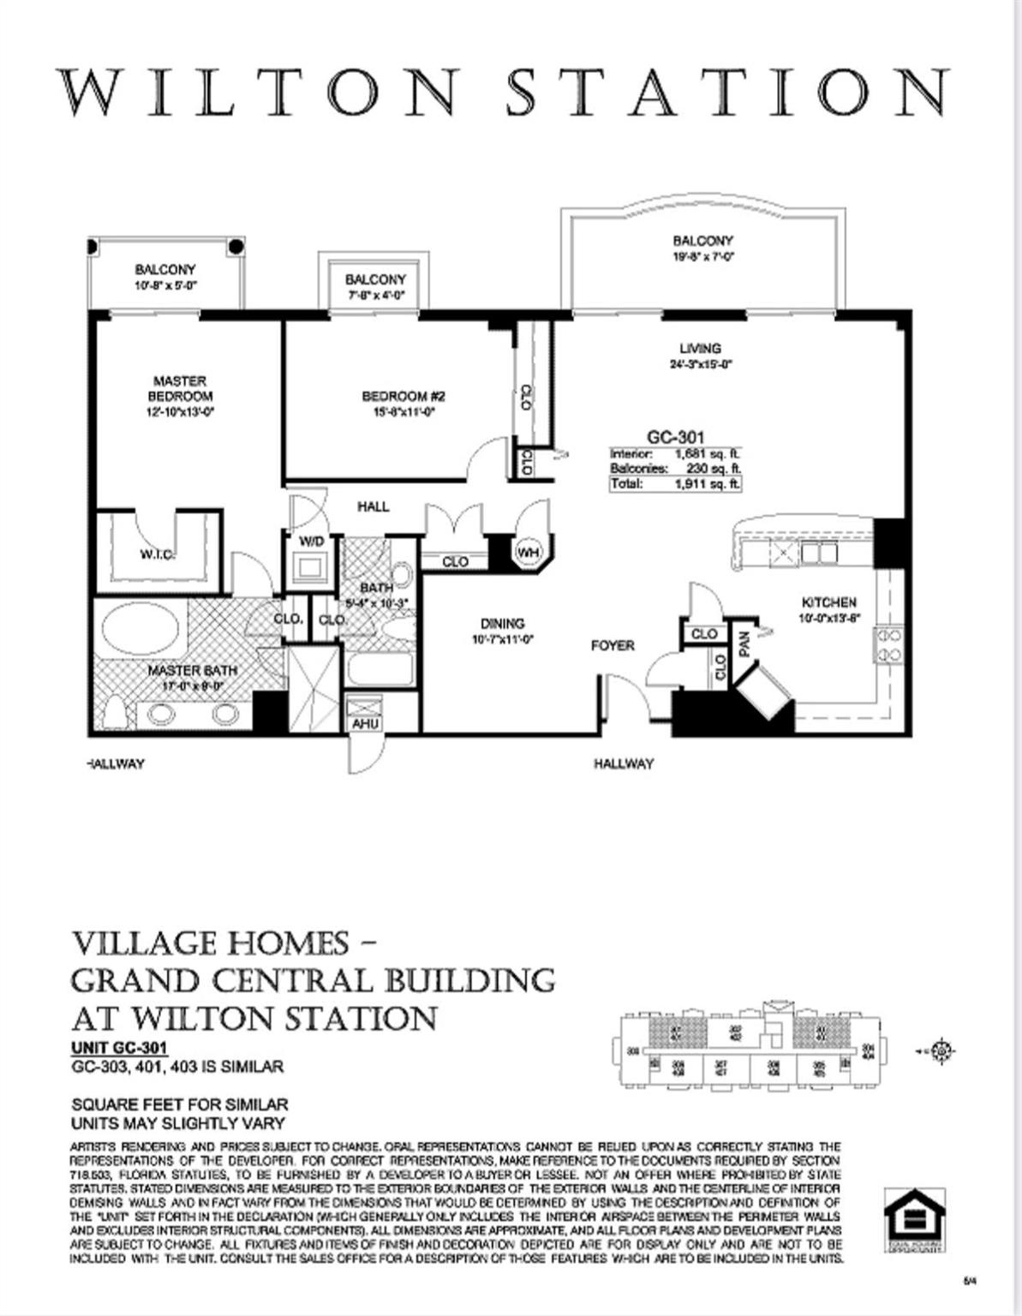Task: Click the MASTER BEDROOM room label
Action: (179, 388)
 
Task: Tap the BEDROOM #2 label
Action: (403, 396)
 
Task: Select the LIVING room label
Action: (700, 348)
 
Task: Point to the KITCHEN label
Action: (828, 602)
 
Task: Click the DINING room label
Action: (502, 624)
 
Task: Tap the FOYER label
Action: (613, 645)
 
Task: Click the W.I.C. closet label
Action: (158, 554)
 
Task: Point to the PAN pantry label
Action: (744, 643)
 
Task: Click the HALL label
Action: (373, 506)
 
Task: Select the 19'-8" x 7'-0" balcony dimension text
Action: (702, 256)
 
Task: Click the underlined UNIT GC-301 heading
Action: (119, 1048)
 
